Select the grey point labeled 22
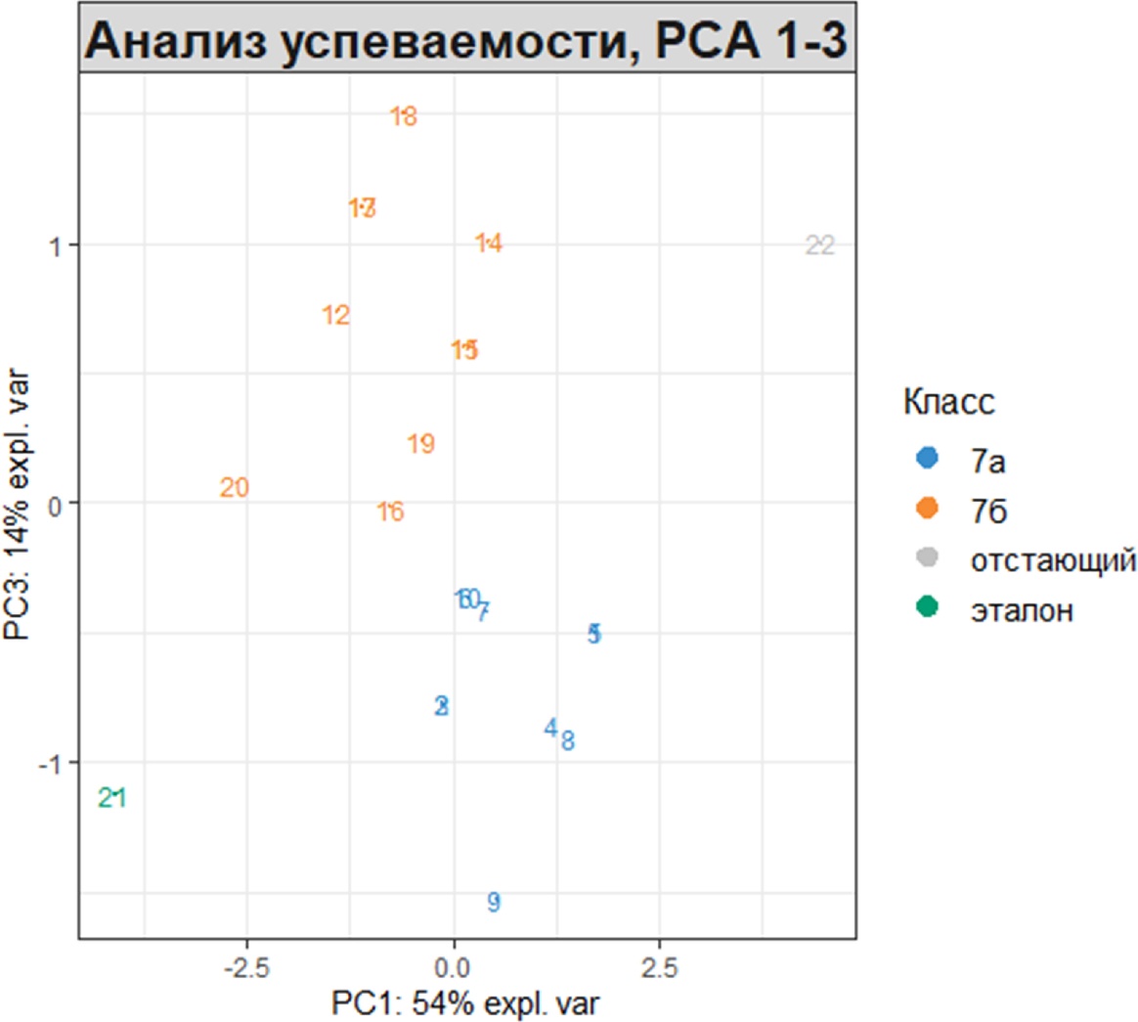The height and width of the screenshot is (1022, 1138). pyautogui.click(x=820, y=245)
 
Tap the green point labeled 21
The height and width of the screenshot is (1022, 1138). pyautogui.click(x=112, y=798)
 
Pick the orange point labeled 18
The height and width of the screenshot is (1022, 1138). pyautogui.click(x=404, y=116)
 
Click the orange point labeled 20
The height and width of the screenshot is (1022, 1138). pyautogui.click(x=235, y=487)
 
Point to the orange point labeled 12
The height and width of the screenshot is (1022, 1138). pyautogui.click(x=335, y=315)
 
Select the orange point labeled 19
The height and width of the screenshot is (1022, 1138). pyautogui.click(x=420, y=444)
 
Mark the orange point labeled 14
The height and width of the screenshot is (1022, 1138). pyautogui.click(x=489, y=243)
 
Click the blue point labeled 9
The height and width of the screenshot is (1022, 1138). pyautogui.click(x=494, y=902)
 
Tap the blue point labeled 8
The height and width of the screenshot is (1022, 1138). pyautogui.click(x=568, y=740)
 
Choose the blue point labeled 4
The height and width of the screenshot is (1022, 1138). pyautogui.click(x=551, y=728)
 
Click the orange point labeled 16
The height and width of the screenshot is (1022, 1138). pyautogui.click(x=390, y=511)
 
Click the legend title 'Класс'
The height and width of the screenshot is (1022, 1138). pyautogui.click(x=948, y=401)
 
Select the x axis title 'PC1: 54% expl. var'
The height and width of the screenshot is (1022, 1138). pyautogui.click(x=466, y=1003)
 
